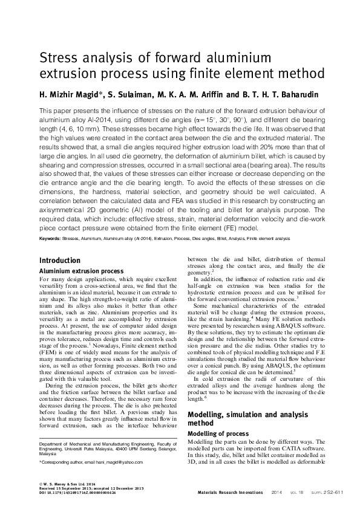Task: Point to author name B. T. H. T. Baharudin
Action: (x=284, y=94)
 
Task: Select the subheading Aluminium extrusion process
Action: (x=81, y=271)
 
